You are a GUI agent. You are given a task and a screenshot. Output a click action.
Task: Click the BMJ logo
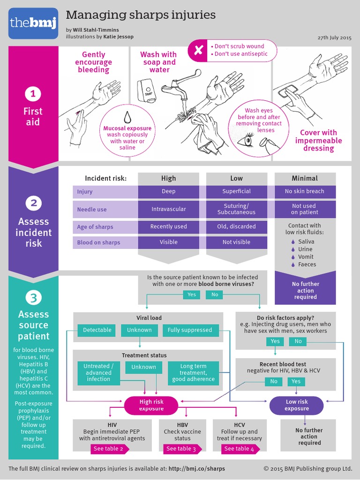(x=33, y=23)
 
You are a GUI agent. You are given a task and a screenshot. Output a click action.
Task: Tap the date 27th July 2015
(x=334, y=37)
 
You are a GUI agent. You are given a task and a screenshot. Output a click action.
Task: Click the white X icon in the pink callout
(x=199, y=50)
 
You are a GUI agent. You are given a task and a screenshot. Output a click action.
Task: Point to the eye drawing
(x=247, y=139)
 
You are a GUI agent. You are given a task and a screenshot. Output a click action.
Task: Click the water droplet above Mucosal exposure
(x=127, y=116)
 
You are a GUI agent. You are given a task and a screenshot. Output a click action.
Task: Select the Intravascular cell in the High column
(x=168, y=209)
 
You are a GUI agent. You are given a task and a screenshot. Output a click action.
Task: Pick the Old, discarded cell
(x=237, y=226)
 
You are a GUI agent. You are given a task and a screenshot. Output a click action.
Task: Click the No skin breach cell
(x=305, y=191)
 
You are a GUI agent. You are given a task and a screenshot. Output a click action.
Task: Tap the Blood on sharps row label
(x=99, y=242)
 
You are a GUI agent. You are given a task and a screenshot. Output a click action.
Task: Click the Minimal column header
(x=305, y=178)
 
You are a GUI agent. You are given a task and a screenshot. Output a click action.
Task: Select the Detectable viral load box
(x=97, y=330)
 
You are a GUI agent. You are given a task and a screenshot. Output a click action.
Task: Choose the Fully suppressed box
(x=190, y=330)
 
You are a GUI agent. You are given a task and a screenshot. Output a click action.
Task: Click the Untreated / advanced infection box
(x=98, y=373)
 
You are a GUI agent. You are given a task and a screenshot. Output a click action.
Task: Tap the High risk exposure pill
(x=151, y=405)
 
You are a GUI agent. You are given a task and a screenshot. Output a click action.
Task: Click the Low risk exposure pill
(x=297, y=405)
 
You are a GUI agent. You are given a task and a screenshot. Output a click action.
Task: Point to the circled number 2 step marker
(x=33, y=203)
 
